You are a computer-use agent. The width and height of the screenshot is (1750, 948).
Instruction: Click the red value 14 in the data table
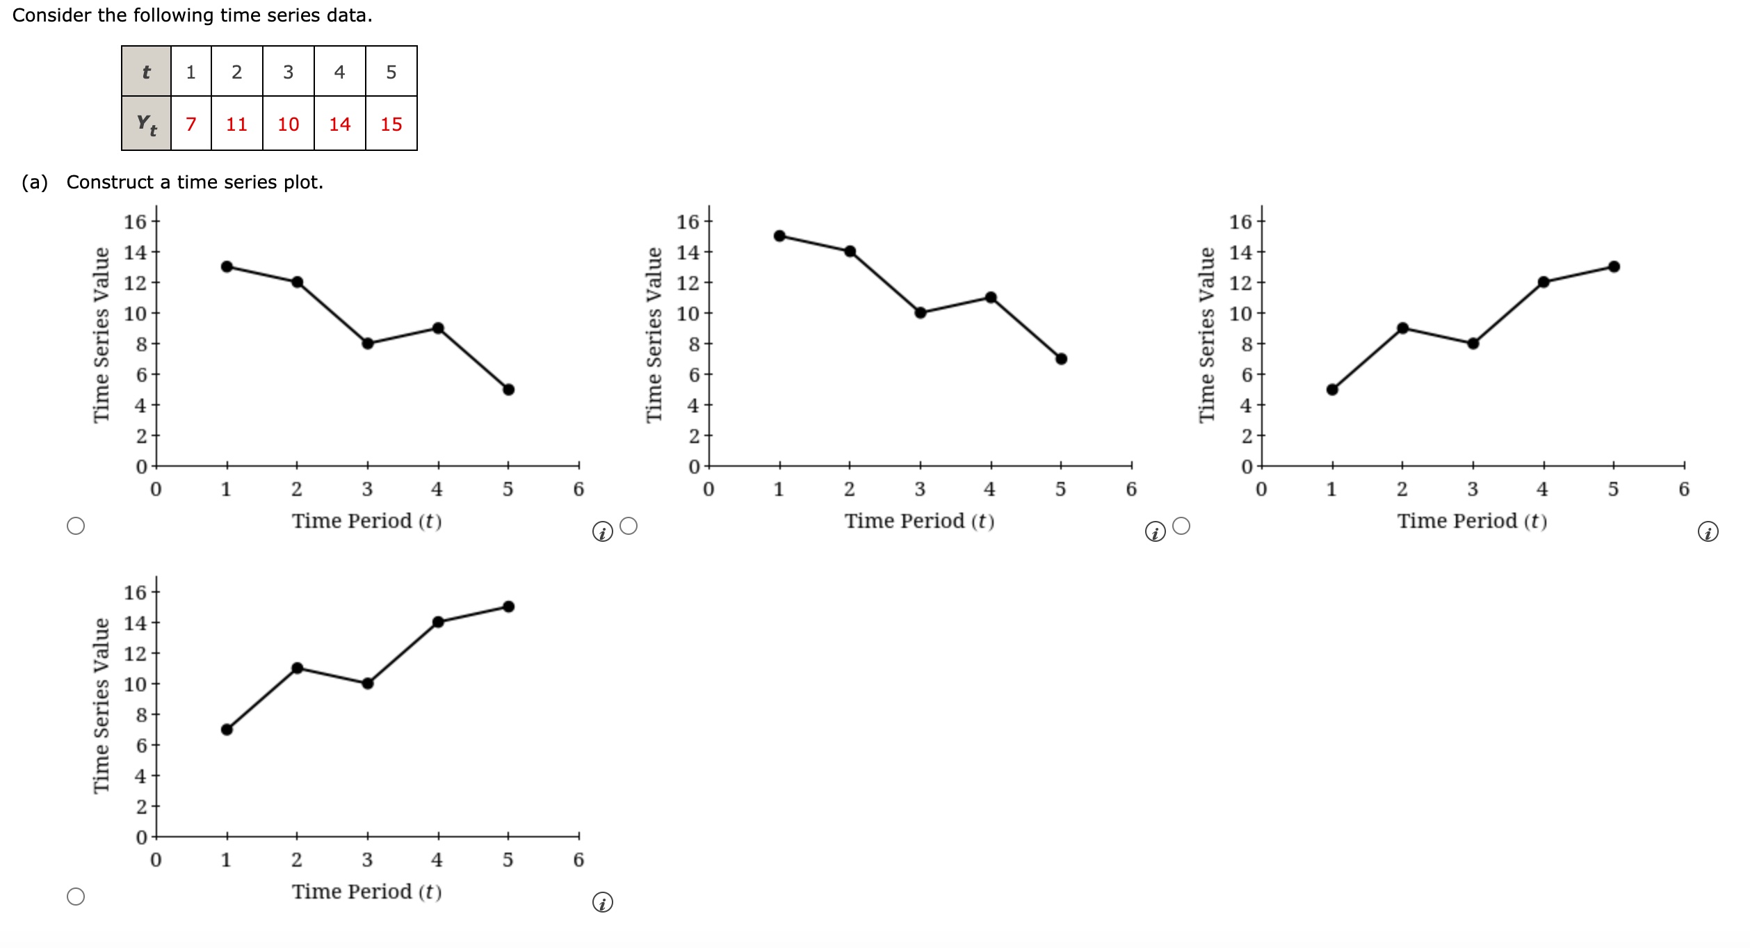tap(339, 124)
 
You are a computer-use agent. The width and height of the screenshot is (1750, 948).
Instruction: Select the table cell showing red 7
tap(191, 124)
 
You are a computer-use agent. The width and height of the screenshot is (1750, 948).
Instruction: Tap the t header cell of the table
tap(146, 72)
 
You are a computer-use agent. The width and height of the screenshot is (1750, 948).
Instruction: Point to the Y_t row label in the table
tap(146, 124)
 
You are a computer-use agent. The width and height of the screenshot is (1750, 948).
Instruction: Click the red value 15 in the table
tap(391, 124)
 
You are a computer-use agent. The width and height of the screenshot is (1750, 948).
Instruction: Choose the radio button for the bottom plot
tap(76, 897)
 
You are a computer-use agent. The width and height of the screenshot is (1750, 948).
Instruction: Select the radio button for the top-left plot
tap(76, 526)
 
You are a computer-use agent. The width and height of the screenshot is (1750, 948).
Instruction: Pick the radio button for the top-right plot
tap(1181, 526)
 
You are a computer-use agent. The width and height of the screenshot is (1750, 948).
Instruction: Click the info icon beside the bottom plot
tap(602, 903)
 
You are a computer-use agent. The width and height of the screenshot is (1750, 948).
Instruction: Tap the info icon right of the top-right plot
tap(1708, 532)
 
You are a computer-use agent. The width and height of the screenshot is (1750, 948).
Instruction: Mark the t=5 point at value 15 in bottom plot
tap(508, 606)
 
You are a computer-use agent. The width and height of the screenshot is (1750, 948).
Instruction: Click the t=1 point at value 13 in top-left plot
tap(227, 266)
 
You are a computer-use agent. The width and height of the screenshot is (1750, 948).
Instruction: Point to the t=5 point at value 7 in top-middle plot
tap(1061, 359)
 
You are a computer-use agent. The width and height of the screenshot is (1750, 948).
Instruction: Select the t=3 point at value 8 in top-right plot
tap(1473, 344)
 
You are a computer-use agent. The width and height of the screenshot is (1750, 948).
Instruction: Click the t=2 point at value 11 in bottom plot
tap(297, 668)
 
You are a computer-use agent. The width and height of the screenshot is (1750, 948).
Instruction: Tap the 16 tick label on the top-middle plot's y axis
tap(688, 222)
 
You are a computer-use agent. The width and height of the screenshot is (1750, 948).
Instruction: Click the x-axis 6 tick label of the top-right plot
tap(1683, 490)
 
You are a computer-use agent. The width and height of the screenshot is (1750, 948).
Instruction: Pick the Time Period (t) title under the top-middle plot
tap(919, 521)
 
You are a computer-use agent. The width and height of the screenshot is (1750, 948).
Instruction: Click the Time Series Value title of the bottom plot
tap(102, 705)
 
